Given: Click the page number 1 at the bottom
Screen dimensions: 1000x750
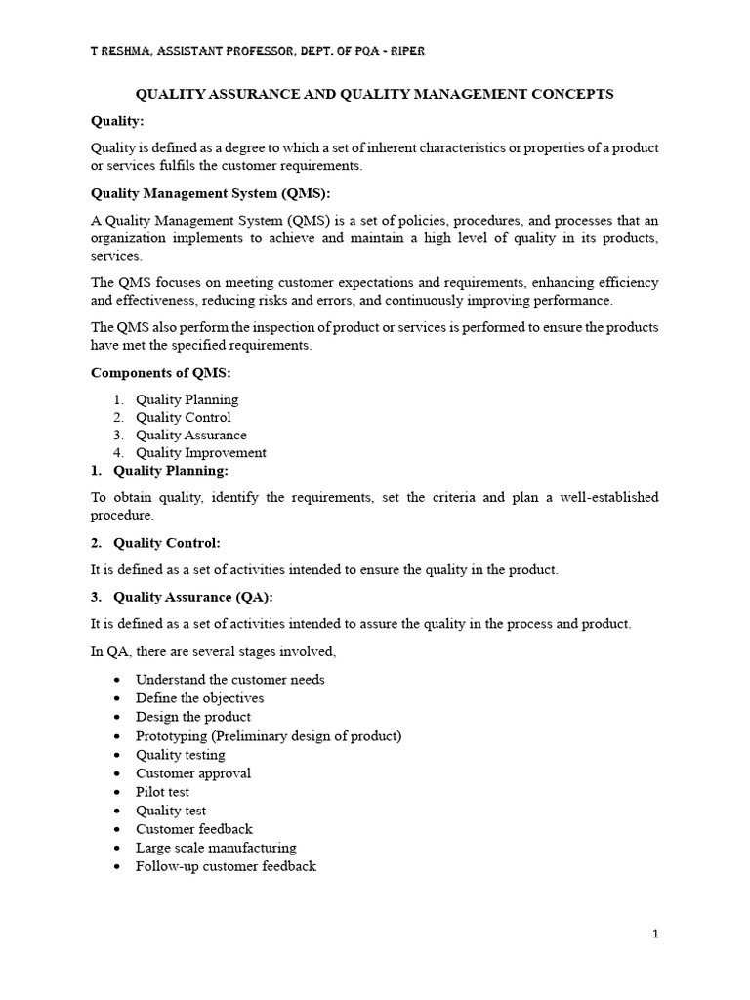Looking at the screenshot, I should point(656,935).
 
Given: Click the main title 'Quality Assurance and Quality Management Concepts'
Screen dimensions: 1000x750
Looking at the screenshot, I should point(374,94).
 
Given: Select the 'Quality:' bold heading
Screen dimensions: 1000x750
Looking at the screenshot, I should point(117,121).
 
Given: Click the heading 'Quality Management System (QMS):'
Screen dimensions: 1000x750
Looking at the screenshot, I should point(211,193).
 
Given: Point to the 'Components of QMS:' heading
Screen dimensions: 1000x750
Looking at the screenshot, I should point(162,373).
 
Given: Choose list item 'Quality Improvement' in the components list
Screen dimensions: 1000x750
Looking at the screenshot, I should point(200,453).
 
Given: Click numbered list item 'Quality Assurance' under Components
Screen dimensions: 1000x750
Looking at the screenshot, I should point(190,436).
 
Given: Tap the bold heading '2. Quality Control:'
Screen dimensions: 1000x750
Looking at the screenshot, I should point(167,543).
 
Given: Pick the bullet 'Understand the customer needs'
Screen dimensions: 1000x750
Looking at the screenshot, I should point(229,679).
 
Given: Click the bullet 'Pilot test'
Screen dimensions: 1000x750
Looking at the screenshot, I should point(162,792).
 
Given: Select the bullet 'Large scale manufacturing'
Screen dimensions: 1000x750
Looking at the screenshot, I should point(216,848).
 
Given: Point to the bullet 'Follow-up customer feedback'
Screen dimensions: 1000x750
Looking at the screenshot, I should point(226,866).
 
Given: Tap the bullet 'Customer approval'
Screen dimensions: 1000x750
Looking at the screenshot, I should point(193,773).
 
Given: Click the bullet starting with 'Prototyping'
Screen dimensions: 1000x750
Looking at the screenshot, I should point(269,735).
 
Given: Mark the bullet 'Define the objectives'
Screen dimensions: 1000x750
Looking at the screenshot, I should point(199,698).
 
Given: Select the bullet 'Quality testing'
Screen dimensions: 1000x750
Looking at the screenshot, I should point(181,755).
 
